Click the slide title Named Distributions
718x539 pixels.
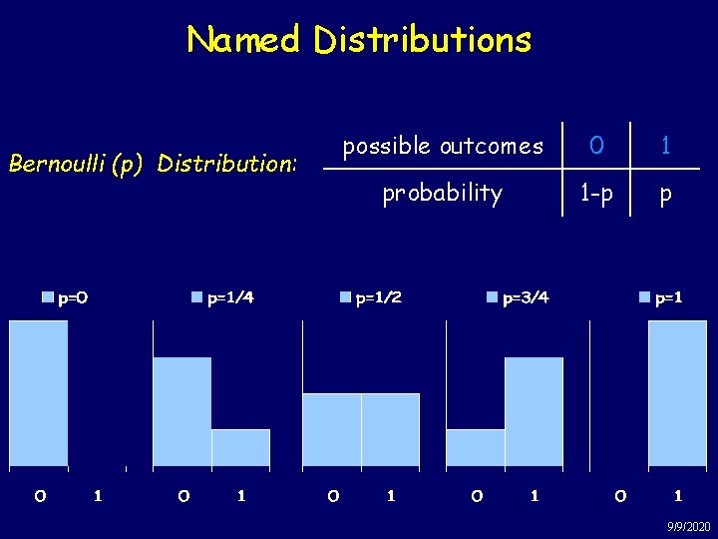[x=359, y=40]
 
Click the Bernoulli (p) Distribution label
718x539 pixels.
[x=152, y=162]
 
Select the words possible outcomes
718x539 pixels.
[x=443, y=147]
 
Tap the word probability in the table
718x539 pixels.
[x=443, y=193]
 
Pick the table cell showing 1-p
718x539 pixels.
[x=597, y=194]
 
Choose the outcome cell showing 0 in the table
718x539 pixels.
[x=596, y=146]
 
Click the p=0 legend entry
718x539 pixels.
[x=65, y=296]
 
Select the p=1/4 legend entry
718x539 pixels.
[x=222, y=296]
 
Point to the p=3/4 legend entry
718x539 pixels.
[x=518, y=296]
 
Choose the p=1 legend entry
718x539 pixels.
[x=663, y=296]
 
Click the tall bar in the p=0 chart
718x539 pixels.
[x=38, y=393]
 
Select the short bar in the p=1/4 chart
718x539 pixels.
[x=240, y=447]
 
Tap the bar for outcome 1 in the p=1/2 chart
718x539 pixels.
[x=390, y=430]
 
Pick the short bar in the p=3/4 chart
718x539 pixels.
[x=475, y=447]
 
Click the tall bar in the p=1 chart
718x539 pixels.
[x=678, y=393]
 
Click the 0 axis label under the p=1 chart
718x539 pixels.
[x=620, y=495]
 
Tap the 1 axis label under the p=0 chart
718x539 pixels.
[x=97, y=495]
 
